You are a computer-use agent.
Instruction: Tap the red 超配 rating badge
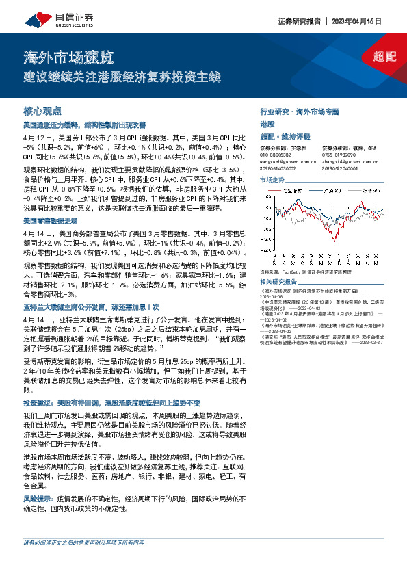[385, 57]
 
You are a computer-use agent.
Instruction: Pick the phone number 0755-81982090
[339, 155]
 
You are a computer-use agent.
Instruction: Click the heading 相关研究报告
[280, 282]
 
